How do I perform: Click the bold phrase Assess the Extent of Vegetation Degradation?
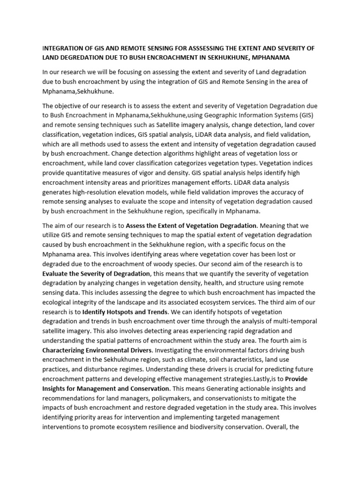191,226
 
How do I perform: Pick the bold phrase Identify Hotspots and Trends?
124,311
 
